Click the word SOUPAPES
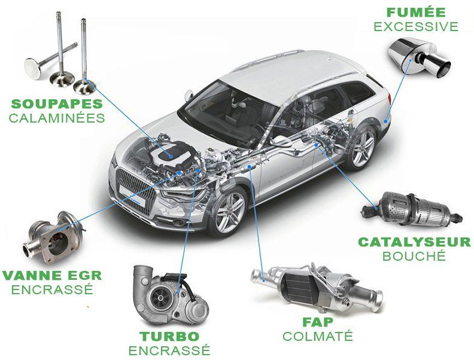click(57, 104)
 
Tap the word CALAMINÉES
click(57, 118)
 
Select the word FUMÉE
click(416, 13)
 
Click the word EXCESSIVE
click(416, 26)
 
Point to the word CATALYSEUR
click(414, 242)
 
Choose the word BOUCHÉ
click(414, 256)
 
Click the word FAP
click(318, 322)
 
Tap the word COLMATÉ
click(318, 336)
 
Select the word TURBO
click(169, 337)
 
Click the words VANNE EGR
click(52, 276)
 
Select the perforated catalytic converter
click(412, 209)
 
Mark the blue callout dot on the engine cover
click(171, 157)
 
